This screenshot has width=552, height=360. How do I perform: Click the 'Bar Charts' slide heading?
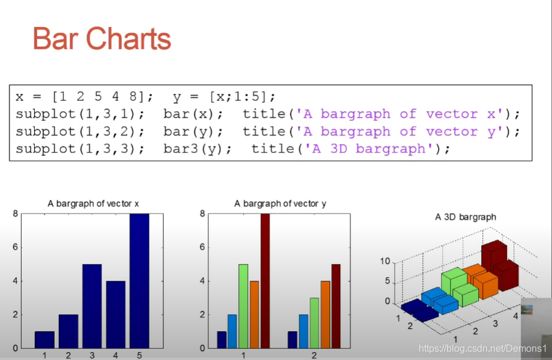click(x=102, y=39)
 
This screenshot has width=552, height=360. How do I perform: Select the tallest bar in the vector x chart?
click(x=139, y=281)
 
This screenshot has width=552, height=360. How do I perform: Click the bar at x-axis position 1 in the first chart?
click(x=45, y=340)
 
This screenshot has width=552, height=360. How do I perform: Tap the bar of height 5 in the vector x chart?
click(x=92, y=306)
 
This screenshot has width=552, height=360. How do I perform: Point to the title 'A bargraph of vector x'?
click(x=93, y=203)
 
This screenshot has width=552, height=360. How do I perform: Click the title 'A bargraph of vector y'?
click(x=280, y=203)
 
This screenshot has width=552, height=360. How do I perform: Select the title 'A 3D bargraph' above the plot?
click(x=466, y=217)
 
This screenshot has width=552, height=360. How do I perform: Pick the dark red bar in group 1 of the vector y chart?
click(x=265, y=281)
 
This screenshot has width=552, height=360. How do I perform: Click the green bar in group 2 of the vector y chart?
click(x=314, y=323)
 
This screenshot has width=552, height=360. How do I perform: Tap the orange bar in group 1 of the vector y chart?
click(x=254, y=314)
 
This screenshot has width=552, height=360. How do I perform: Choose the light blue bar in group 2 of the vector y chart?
click(x=304, y=331)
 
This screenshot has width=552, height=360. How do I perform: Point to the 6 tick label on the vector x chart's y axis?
click(x=15, y=247)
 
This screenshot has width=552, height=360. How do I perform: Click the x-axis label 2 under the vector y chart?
click(x=314, y=355)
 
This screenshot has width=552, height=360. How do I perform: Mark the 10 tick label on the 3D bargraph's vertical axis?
click(x=385, y=261)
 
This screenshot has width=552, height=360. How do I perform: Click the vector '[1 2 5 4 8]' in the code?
click(x=98, y=97)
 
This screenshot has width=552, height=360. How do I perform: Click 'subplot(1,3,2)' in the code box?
click(x=76, y=131)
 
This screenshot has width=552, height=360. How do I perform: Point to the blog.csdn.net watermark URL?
click(x=482, y=349)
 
